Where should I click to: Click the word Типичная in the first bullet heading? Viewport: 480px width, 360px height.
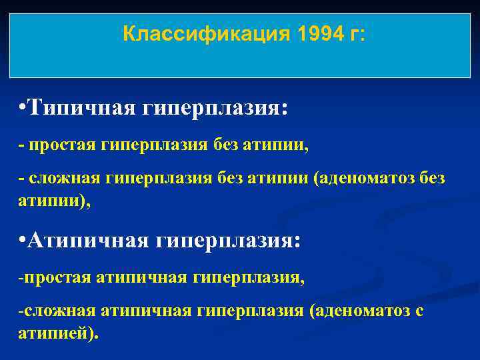tap(83, 107)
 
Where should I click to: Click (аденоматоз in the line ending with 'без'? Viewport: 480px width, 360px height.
tap(365, 179)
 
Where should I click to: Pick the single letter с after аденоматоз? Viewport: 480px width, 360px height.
tap(419, 312)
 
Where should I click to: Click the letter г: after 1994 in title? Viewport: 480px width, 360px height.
tap(357, 35)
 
